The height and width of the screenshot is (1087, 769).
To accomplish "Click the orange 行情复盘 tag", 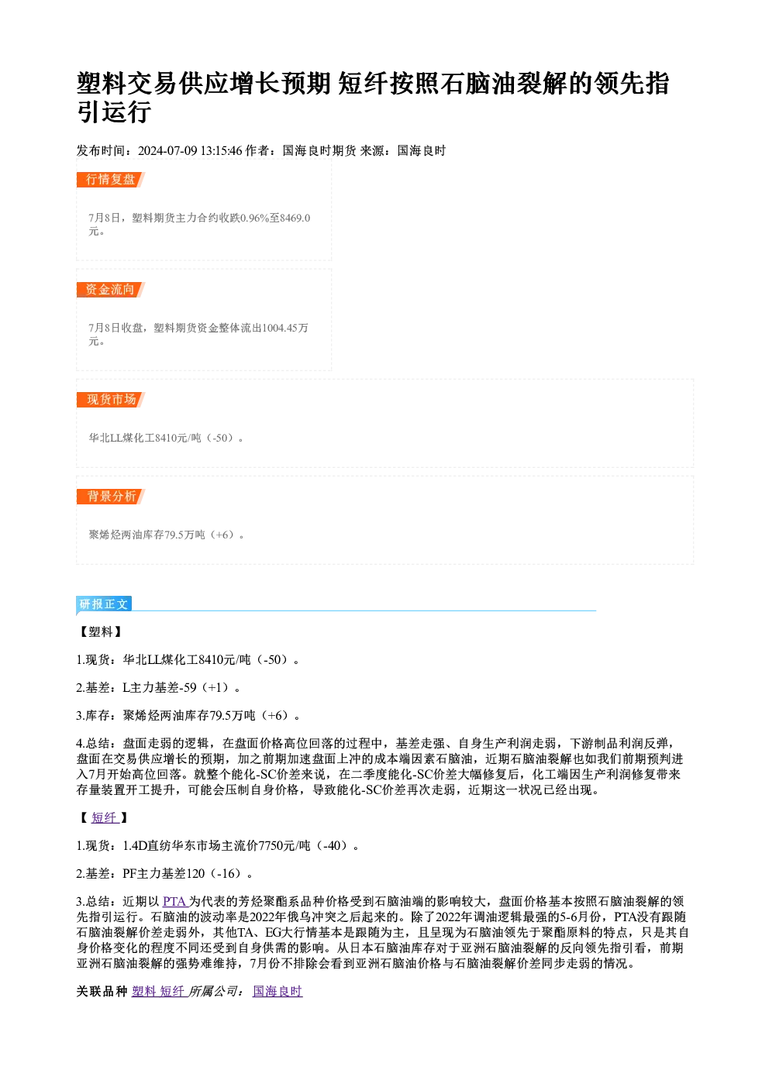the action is [x=110, y=180].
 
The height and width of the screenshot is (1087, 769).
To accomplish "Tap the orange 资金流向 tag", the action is [x=110, y=290].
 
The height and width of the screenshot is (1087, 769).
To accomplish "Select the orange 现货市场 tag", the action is [x=110, y=399].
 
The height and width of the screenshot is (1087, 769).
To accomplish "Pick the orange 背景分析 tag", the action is [x=110, y=497].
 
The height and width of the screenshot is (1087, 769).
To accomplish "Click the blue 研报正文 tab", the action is [x=104, y=604].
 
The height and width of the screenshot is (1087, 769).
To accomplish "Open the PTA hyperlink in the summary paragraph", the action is [x=174, y=902].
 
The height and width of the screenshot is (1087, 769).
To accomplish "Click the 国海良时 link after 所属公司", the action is [x=278, y=992].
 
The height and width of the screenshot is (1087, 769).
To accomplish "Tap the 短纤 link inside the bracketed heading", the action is [x=105, y=817].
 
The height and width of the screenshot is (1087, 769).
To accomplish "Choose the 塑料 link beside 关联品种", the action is [x=143, y=992].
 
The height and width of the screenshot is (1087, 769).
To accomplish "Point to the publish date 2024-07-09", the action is [x=167, y=151].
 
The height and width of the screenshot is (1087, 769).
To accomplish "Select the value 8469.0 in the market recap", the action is [x=295, y=218].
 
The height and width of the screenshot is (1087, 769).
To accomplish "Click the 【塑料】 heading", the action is [x=101, y=631].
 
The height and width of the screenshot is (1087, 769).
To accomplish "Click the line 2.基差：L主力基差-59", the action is [x=158, y=688].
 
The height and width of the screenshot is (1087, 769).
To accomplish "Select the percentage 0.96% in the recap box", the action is [x=255, y=218].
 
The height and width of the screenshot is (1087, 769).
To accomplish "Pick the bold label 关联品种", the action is [x=102, y=992].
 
